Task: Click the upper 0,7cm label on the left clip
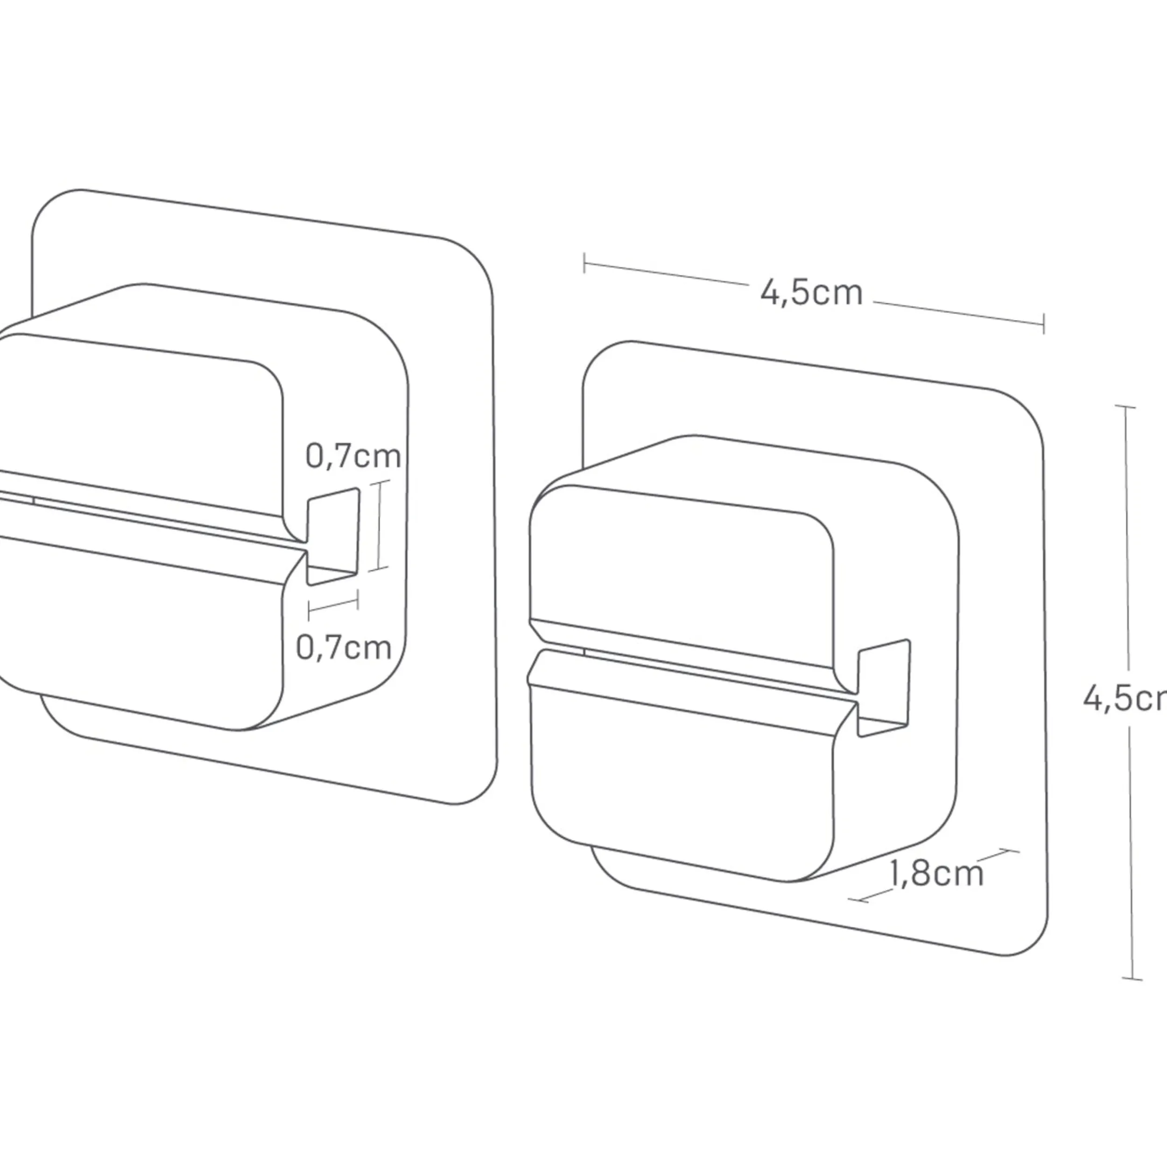click(353, 456)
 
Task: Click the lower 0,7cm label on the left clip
click(344, 647)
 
